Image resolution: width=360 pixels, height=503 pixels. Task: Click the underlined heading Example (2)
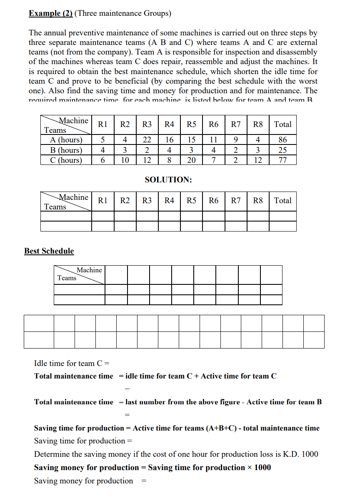tap(50, 13)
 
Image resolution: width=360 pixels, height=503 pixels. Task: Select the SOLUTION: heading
tap(168, 180)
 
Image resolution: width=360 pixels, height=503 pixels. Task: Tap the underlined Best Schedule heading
tap(49, 251)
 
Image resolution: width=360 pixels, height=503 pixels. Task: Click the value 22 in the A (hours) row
tap(147, 140)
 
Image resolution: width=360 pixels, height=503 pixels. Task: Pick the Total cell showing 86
tap(282, 140)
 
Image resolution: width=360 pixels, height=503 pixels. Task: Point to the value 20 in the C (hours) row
tap(191, 160)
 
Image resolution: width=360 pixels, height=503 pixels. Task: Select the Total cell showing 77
tap(282, 160)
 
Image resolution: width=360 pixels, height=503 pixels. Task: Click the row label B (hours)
tap(66, 150)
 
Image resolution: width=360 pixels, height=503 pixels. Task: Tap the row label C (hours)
tap(66, 160)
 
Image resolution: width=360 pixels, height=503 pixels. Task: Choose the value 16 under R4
tap(169, 140)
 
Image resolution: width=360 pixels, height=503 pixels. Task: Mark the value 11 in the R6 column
tap(213, 140)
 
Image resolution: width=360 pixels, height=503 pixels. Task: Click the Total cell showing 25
tap(282, 150)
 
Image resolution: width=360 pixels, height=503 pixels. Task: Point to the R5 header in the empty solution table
tap(191, 201)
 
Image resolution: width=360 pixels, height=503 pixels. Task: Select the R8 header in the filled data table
tap(258, 124)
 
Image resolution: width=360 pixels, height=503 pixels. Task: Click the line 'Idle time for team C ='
tap(72, 364)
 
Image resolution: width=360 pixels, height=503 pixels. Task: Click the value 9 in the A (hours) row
tap(236, 140)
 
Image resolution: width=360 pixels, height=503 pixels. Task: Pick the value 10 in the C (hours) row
tap(125, 160)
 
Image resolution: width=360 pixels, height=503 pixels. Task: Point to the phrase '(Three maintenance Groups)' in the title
tap(123, 13)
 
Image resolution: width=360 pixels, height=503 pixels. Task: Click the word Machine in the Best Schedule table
tap(89, 270)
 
